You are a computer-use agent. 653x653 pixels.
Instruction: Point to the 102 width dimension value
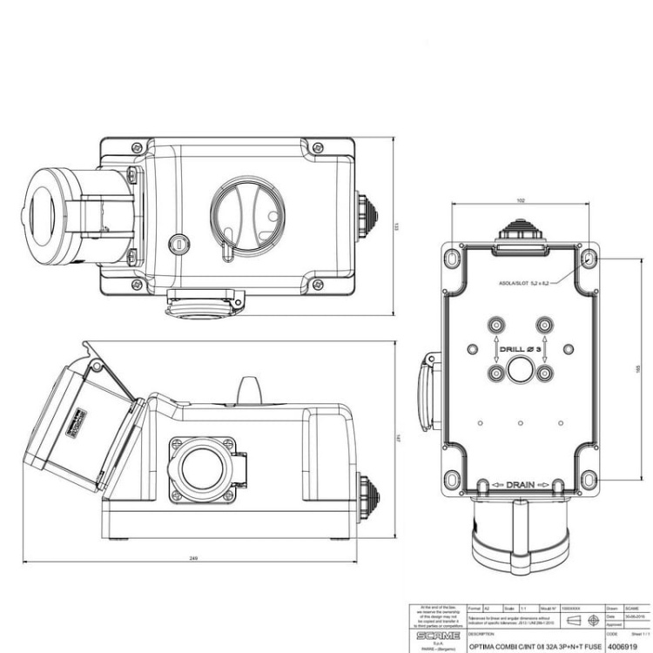pyautogui.click(x=521, y=201)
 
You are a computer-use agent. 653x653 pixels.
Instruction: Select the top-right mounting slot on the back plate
pyautogui.click(x=589, y=259)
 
